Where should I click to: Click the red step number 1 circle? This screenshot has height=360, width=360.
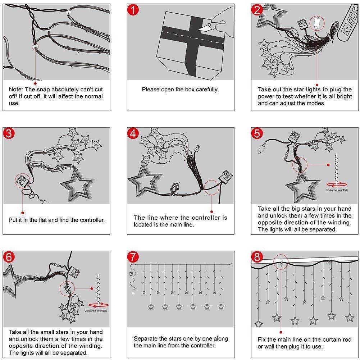[133, 10]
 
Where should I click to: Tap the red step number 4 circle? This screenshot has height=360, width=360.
[133, 134]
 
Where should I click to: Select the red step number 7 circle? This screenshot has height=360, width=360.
[133, 258]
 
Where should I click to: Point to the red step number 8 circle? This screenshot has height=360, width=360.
[257, 258]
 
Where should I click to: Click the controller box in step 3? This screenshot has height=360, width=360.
[23, 179]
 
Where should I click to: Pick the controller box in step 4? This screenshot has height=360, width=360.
[226, 177]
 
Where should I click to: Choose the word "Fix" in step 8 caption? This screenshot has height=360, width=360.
[262, 340]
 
